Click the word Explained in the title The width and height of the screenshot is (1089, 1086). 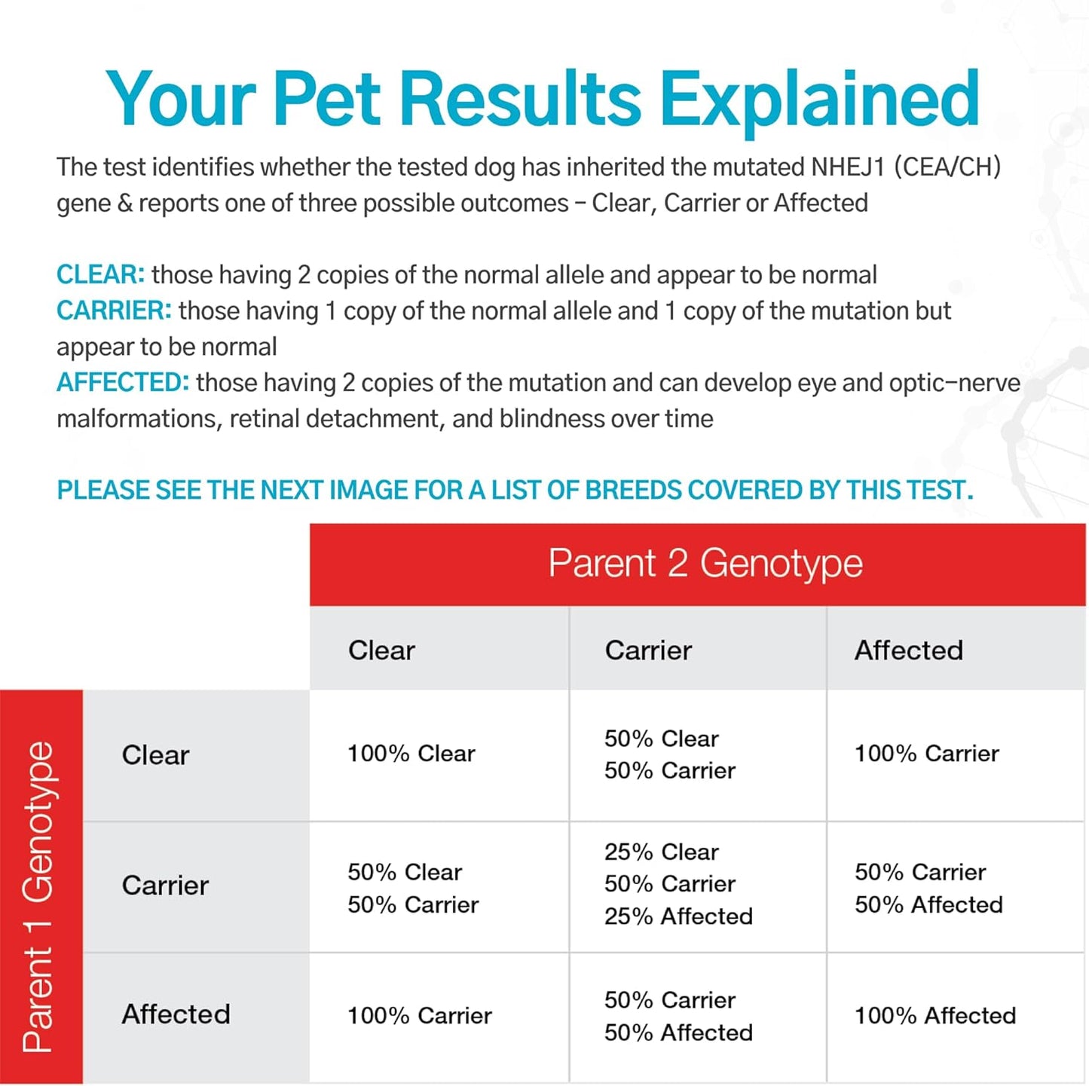pyautogui.click(x=819, y=99)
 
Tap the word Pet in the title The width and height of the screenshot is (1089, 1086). pyautogui.click(x=326, y=99)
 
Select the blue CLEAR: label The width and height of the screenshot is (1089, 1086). pyautogui.click(x=100, y=274)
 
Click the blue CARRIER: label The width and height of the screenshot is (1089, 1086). pyautogui.click(x=114, y=311)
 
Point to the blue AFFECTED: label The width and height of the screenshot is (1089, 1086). pyautogui.click(x=123, y=383)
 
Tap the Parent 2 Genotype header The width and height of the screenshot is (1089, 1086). pyautogui.click(x=705, y=564)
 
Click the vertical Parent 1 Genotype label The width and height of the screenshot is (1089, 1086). pyautogui.click(x=39, y=896)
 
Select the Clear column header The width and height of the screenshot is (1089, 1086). pyautogui.click(x=381, y=650)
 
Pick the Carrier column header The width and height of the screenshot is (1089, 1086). pyautogui.click(x=648, y=650)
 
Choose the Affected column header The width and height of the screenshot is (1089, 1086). pyautogui.click(x=908, y=650)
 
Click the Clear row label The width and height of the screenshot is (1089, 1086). pyautogui.click(x=155, y=755)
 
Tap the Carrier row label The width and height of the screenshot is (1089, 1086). pyautogui.click(x=165, y=886)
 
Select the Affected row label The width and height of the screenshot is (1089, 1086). pyautogui.click(x=176, y=1014)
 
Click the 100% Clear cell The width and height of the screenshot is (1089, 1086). pyautogui.click(x=411, y=754)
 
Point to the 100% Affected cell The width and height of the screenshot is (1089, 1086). pyautogui.click(x=935, y=1016)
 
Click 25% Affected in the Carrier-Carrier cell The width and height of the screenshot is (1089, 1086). pyautogui.click(x=678, y=916)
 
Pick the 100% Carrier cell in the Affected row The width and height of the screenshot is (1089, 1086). pyautogui.click(x=419, y=1016)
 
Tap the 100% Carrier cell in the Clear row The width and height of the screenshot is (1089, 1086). pyautogui.click(x=926, y=754)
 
